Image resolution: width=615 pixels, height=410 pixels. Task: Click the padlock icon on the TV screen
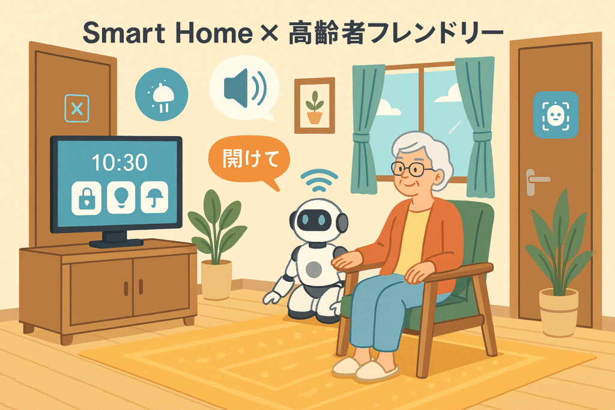coord(86,198)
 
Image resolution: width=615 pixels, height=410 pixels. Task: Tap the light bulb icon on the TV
coord(121,197)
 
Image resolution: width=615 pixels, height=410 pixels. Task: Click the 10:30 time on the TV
coord(120,162)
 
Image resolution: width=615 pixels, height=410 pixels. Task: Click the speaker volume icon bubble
coord(244,89)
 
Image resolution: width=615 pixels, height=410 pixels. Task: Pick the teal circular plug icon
coord(162,94)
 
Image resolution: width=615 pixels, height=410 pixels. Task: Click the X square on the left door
coord(77,108)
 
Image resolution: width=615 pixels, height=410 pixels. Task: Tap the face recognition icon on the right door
coord(556,115)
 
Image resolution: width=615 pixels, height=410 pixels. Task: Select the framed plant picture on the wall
coord(315,106)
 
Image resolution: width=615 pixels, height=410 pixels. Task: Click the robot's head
coord(318,220)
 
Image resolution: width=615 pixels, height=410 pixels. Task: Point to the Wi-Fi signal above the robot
coord(319,180)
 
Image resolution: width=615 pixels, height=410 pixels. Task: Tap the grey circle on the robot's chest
coord(314,270)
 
